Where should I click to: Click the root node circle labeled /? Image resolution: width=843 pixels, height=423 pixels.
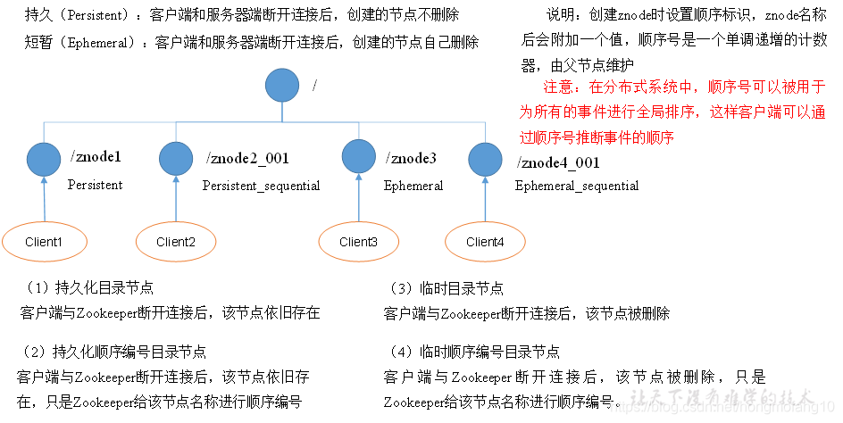pos(282,87)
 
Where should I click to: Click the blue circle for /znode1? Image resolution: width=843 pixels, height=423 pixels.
pos(44,159)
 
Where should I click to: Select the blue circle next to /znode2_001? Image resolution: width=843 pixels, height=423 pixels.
pos(176,159)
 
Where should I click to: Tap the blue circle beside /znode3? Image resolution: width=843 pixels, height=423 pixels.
pos(359,158)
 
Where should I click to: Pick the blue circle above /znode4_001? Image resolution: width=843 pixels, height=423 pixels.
pos(485,159)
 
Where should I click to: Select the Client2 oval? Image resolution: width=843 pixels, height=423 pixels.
pos(175,242)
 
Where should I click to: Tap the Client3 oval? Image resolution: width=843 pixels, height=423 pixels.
pos(358,242)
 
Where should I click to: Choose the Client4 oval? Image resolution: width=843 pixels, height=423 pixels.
pos(485,242)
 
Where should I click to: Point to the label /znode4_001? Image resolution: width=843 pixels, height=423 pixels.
pos(558,162)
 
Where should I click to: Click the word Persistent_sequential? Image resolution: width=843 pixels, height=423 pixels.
pos(261,186)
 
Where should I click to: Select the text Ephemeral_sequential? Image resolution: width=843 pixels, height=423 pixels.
pos(576,186)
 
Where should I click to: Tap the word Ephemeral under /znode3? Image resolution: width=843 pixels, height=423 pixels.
pos(413,186)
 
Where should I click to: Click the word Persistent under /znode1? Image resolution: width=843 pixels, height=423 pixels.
pos(95,185)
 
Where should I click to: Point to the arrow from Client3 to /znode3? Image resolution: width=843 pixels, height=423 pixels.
pos(359,198)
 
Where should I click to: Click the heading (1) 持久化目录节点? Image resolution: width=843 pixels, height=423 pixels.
pos(88,289)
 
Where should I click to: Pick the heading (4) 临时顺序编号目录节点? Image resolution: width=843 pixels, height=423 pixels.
pos(475,352)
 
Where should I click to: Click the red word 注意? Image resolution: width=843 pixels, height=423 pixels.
pos(562,87)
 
